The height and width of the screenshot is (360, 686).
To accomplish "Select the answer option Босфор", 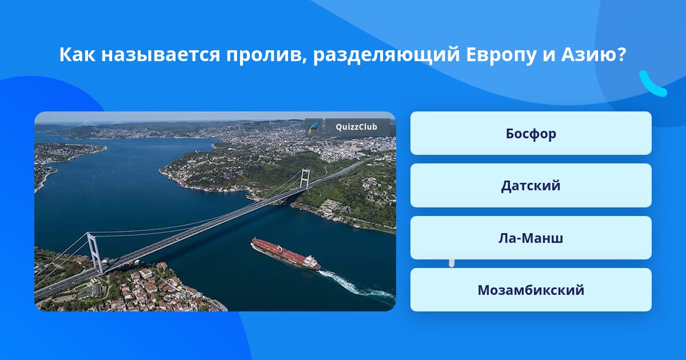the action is coord(531,133).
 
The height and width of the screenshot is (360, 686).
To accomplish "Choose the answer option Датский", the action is coord(531,186).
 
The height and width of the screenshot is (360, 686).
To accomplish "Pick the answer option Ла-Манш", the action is coord(531,238).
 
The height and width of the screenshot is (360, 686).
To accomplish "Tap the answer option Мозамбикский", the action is coord(531,290).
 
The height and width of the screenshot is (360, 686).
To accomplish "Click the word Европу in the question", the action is coord(501,55).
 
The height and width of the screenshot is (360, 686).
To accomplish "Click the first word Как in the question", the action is coord(77,54).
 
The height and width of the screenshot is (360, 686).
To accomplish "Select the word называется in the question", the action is coord(161,55).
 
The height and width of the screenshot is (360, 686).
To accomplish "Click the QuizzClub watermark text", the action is coord(357,127).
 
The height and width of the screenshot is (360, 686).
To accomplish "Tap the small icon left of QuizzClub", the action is coord(313,127).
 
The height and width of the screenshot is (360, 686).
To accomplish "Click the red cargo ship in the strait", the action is coord(285,254).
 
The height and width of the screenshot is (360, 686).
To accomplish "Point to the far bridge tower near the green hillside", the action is coord(305,178).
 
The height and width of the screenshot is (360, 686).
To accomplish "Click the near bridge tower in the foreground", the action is coord(95,253).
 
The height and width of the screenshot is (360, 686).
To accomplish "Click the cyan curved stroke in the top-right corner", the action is coord(653,84).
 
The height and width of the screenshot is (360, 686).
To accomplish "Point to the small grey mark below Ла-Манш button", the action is coord(452,263).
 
